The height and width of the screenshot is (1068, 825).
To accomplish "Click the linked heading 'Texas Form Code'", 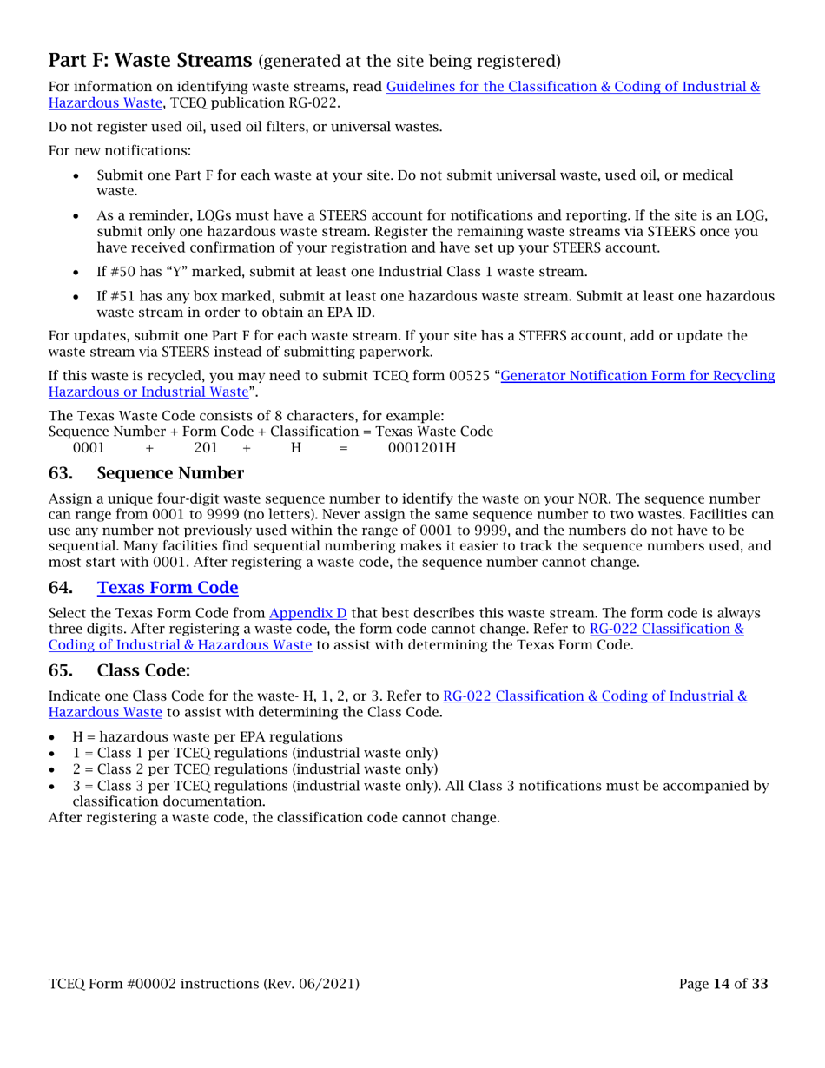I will click(x=168, y=588).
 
